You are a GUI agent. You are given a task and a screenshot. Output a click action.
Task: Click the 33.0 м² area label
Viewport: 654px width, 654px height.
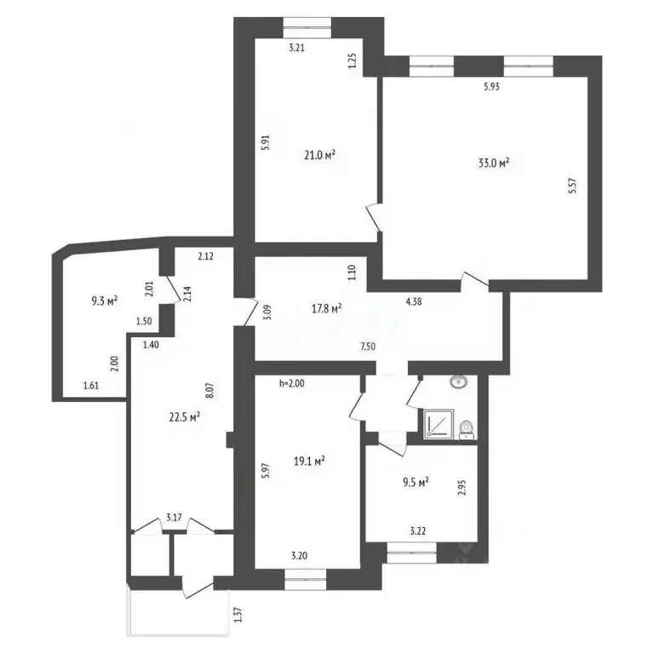point(494,163)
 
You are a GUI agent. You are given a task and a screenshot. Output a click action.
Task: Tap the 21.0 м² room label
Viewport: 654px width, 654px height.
point(320,155)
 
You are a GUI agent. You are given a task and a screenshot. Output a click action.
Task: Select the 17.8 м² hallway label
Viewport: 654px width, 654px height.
point(327,308)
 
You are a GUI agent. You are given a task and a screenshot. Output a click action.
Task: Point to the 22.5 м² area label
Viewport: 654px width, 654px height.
point(184,417)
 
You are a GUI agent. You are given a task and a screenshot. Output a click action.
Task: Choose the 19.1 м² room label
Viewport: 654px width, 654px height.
point(309,462)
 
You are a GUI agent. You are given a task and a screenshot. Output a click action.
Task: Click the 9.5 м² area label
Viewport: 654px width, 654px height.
point(416,483)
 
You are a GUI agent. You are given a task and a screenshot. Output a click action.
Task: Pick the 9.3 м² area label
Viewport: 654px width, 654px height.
point(105,301)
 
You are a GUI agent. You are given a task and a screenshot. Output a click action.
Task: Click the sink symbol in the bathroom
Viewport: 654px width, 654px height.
point(458,381)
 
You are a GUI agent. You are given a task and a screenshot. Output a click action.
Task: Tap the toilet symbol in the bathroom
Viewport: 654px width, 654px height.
point(467,430)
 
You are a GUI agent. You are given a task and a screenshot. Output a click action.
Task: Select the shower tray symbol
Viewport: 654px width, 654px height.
point(439,424)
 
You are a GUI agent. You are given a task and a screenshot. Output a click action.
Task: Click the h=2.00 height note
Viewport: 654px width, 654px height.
point(292,383)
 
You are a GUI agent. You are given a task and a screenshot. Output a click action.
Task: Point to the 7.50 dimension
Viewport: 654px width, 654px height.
point(368,347)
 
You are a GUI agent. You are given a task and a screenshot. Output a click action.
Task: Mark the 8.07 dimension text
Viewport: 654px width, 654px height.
point(209,390)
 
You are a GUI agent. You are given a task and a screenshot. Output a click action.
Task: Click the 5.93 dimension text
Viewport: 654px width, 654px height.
point(491,87)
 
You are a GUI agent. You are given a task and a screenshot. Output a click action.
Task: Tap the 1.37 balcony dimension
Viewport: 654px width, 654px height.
point(238,615)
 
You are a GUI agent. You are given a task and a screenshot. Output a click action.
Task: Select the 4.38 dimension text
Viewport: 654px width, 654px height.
point(414,301)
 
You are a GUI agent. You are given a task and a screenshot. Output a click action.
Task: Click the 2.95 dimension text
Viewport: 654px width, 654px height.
point(462,488)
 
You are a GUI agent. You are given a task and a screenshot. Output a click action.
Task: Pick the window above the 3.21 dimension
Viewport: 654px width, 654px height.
point(307,27)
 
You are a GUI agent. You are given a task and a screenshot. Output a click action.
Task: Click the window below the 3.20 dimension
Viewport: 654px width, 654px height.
point(306,579)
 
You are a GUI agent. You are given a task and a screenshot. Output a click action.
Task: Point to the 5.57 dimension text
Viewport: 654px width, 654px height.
point(572,186)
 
